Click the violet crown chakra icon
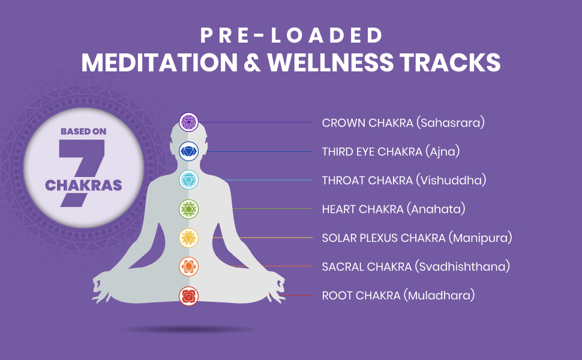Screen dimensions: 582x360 (x=188, y=122)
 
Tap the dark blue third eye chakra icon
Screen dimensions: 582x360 (x=188, y=151)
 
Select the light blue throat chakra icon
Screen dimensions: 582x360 (x=188, y=180)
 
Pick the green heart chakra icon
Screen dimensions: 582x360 (x=188, y=209)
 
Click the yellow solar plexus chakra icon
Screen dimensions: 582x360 (x=188, y=238)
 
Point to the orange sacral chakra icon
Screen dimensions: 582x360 (x=188, y=266)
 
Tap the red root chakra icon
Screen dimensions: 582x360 (x=188, y=296)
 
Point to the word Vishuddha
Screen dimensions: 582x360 (x=451, y=181)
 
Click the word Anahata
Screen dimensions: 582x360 (x=436, y=209)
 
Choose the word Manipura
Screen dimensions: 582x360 (x=480, y=238)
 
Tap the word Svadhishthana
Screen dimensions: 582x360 (x=462, y=267)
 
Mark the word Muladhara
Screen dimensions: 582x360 (x=439, y=296)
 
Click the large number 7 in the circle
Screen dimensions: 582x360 (x=81, y=172)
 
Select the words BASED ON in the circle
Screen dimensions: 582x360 (x=83, y=131)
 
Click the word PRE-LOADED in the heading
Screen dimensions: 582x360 (x=291, y=35)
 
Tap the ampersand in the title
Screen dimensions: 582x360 (x=253, y=62)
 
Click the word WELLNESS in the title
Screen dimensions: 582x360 (x=331, y=62)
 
